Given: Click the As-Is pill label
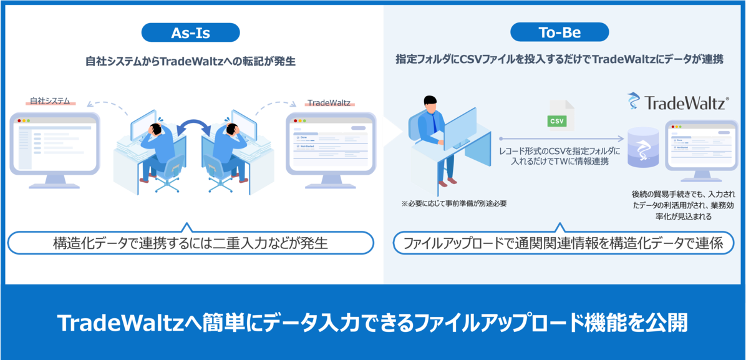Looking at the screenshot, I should click(191, 32).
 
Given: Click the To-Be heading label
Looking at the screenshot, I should click(559, 32).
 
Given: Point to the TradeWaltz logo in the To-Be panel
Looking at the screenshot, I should click(677, 102).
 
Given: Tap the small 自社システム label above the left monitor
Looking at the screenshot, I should click(51, 100).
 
